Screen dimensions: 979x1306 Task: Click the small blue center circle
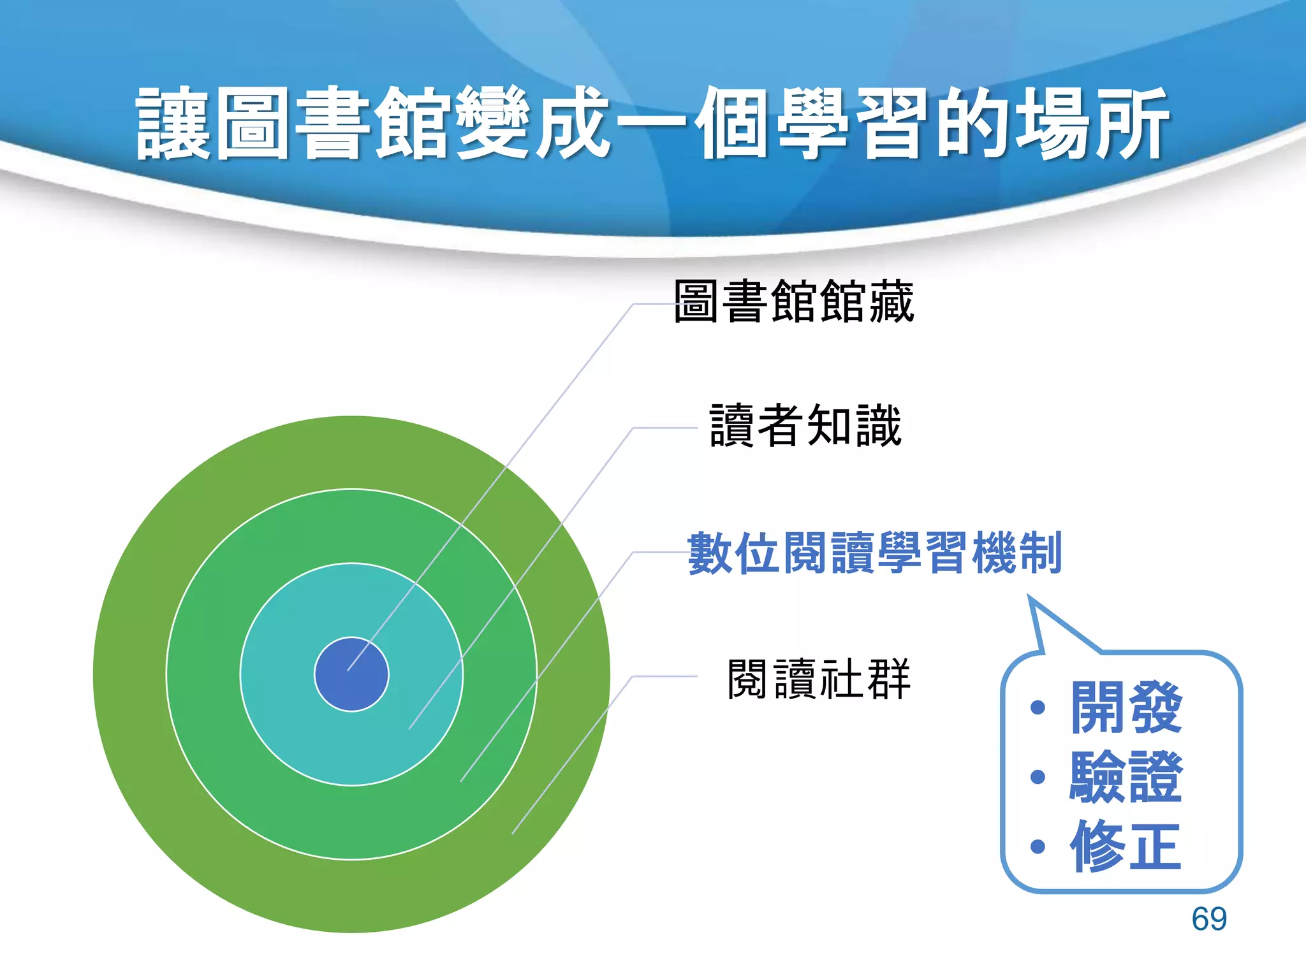point(351,674)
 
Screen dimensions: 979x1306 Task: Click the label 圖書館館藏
point(794,301)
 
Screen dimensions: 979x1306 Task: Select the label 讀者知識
point(805,426)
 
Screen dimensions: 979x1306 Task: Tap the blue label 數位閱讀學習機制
point(874,553)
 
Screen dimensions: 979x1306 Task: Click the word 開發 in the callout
point(1126,707)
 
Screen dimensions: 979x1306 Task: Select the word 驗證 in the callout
point(1126,777)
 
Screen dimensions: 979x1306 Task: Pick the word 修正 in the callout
point(1126,846)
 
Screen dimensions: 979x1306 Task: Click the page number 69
point(1208,919)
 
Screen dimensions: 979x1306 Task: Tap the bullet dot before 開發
point(1038,707)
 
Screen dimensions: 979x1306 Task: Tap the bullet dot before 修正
point(1038,846)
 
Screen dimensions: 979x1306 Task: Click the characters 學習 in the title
point(852,123)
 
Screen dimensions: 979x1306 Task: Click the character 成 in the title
point(572,123)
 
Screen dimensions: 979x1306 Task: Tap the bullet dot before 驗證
point(1038,777)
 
